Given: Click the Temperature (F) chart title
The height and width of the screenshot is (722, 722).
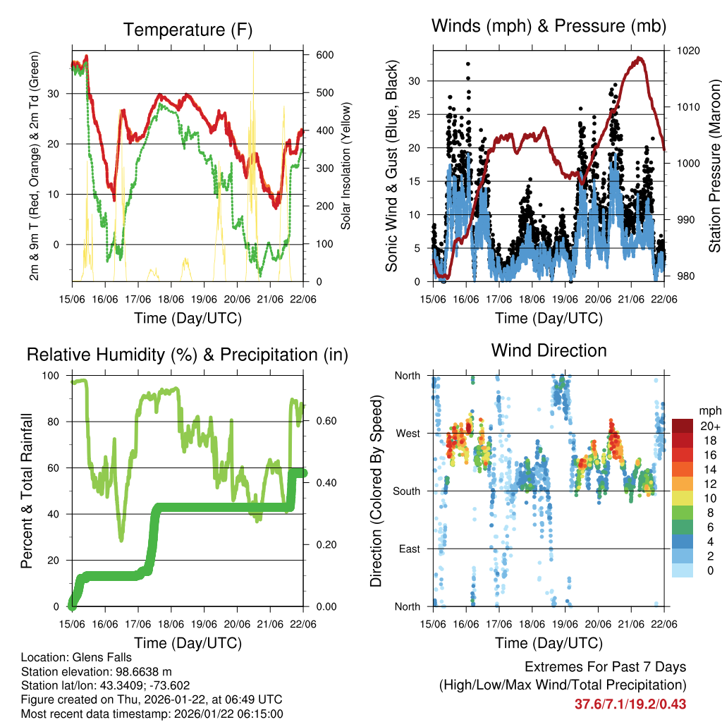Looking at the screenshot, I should coord(188,30).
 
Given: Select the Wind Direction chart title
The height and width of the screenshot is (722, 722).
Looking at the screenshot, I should coord(549,350).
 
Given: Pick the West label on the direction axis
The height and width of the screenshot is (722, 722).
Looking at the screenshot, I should coord(407,434).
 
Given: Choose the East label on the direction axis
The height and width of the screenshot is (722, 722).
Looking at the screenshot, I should coord(408,549).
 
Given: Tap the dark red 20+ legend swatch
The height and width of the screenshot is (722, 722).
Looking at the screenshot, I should coord(683,427).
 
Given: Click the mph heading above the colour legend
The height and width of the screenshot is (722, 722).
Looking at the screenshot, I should coord(709,410).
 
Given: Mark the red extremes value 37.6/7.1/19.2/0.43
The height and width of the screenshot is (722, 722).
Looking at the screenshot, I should coord(630,704).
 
